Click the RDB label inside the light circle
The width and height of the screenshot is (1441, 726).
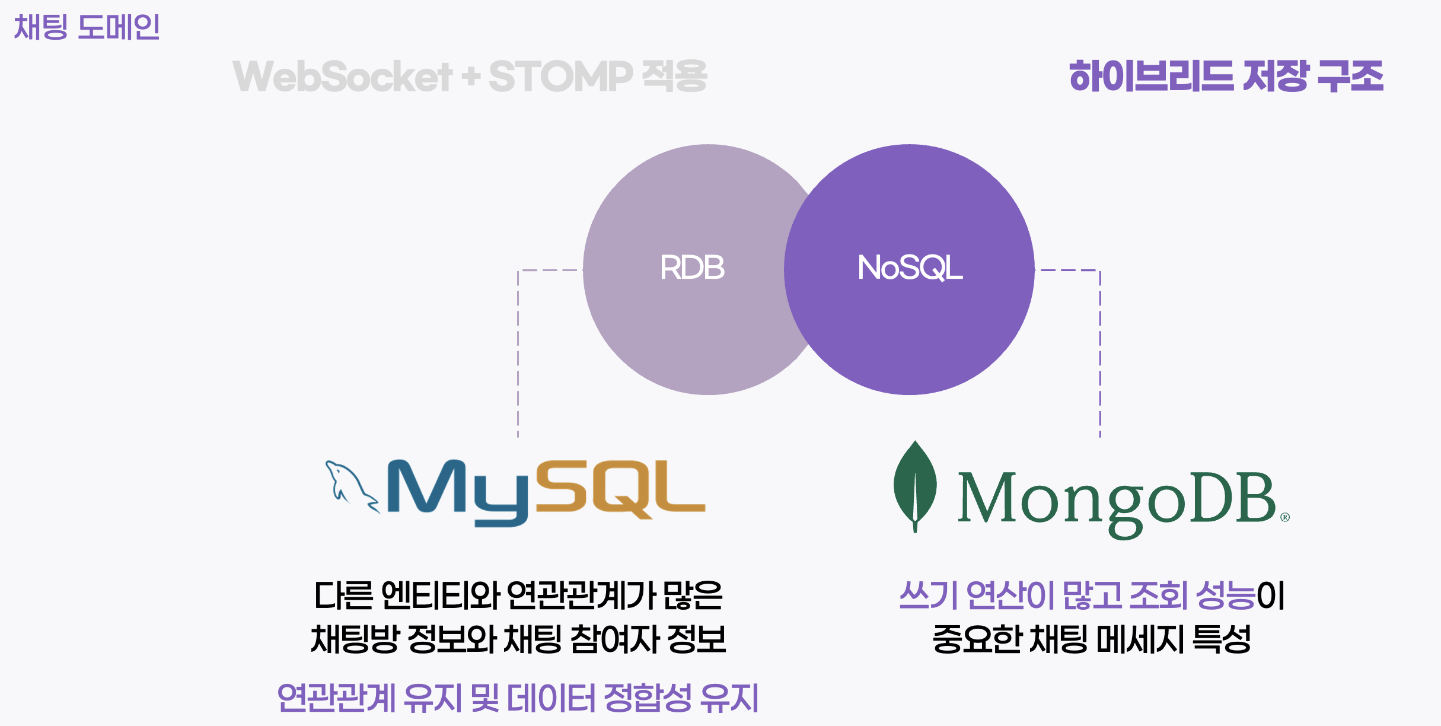pyautogui.click(x=692, y=268)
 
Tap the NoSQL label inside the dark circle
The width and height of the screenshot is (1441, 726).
pyautogui.click(x=910, y=268)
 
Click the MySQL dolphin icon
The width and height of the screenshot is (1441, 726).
pyautogui.click(x=350, y=486)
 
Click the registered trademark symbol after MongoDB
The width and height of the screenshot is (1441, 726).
pyautogui.click(x=1285, y=517)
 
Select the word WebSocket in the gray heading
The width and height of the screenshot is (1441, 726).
pyautogui.click(x=343, y=77)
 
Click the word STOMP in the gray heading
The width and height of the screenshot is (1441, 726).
pyautogui.click(x=560, y=77)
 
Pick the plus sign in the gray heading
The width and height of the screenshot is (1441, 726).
pyautogui.click(x=471, y=77)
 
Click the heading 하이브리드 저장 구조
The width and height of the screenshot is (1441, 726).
pyautogui.click(x=1226, y=77)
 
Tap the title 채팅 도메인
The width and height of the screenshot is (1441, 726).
pyautogui.click(x=87, y=27)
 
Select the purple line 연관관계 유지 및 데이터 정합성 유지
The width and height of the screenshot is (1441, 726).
pyautogui.click(x=518, y=698)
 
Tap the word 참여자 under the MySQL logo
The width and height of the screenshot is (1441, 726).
pyautogui.click(x=614, y=639)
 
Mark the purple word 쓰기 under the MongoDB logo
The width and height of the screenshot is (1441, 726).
pyautogui.click(x=928, y=596)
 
